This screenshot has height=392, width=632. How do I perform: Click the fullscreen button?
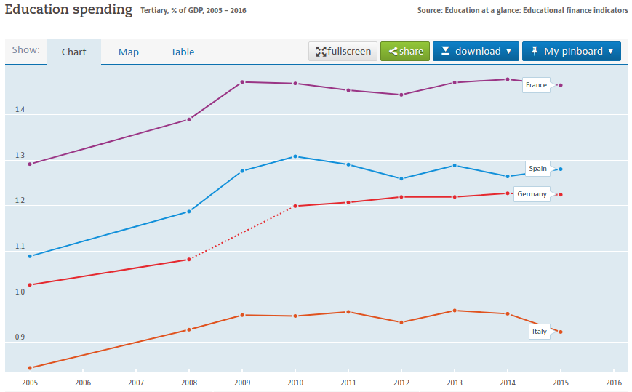coord(343,51)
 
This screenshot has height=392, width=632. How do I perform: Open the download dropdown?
coord(476,51)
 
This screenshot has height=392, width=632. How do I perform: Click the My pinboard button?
coord(572,51)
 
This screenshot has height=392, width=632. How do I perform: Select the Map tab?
coord(129,52)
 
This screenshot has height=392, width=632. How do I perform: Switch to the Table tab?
coord(183,52)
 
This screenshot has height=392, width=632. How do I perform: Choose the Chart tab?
coord(73,52)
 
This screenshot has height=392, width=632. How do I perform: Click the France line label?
coord(536,85)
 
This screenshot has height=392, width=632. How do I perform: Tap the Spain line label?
coord(537,169)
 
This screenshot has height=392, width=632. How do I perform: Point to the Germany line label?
coord(532,194)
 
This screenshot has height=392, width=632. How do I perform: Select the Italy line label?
coord(540,332)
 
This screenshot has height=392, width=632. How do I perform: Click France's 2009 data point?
coord(242,82)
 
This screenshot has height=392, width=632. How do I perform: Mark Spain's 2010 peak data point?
coord(295,156)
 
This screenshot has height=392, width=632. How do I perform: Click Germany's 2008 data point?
coord(189,260)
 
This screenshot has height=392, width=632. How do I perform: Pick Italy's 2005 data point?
coord(30,368)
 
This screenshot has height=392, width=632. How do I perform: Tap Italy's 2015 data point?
coord(561,332)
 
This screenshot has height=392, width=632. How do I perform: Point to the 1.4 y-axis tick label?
coord(20,110)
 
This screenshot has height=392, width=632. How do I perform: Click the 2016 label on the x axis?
coord(614,383)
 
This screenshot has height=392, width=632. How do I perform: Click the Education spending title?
coord(68,9)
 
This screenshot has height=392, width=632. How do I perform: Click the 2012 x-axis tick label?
coord(401,383)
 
